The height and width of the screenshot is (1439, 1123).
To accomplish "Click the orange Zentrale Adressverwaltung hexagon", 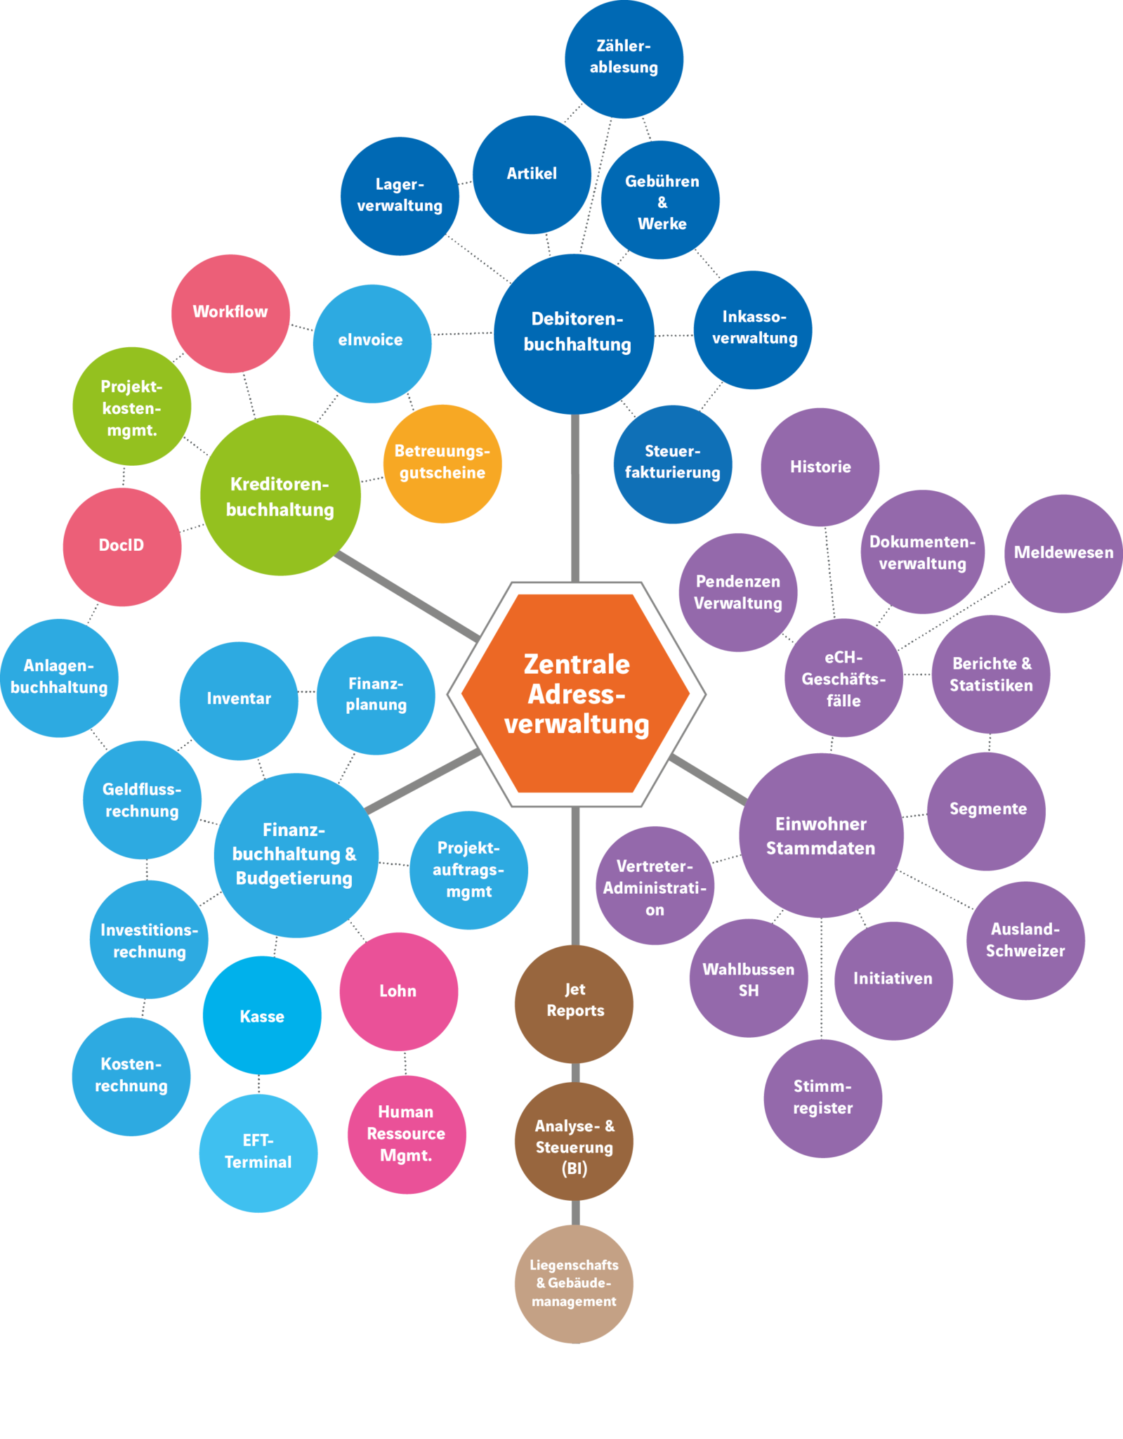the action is pyautogui.click(x=576, y=694).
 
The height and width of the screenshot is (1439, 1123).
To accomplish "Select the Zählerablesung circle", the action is pyautogui.click(x=624, y=58).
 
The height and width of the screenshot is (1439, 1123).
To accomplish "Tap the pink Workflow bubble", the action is pyautogui.click(x=230, y=313).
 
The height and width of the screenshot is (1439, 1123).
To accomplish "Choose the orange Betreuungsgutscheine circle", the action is pyautogui.click(x=442, y=464).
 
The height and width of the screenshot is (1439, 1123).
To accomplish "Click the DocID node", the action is pyautogui.click(x=122, y=547).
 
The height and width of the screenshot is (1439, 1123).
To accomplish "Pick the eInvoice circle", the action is pyautogui.click(x=372, y=344).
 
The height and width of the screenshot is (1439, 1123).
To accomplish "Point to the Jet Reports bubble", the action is pyautogui.click(x=574, y=1004).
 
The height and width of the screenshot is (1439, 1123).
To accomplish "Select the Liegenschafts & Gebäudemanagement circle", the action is pyautogui.click(x=574, y=1284).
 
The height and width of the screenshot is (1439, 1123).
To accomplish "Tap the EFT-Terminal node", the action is pyautogui.click(x=258, y=1153).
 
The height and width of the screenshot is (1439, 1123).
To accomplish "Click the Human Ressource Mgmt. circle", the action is pyautogui.click(x=407, y=1134).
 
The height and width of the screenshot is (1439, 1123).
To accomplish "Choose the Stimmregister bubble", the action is pyautogui.click(x=823, y=1098).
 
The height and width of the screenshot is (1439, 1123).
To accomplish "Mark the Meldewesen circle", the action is pyautogui.click(x=1064, y=554).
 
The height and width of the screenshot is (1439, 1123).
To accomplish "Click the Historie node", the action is pyautogui.click(x=820, y=467).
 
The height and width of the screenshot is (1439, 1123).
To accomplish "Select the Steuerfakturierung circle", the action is pyautogui.click(x=673, y=464).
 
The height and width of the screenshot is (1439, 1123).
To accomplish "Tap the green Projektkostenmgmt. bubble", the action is pyautogui.click(x=132, y=406).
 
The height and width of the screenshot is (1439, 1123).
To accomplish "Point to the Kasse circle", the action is pyautogui.click(x=262, y=1015).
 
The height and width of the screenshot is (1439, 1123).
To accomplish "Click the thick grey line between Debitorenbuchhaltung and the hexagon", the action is pyautogui.click(x=575, y=498).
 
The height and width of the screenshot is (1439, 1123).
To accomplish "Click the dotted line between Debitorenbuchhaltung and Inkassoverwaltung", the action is pyautogui.click(x=674, y=336).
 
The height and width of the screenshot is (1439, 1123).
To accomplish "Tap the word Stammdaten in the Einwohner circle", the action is pyautogui.click(x=820, y=848).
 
